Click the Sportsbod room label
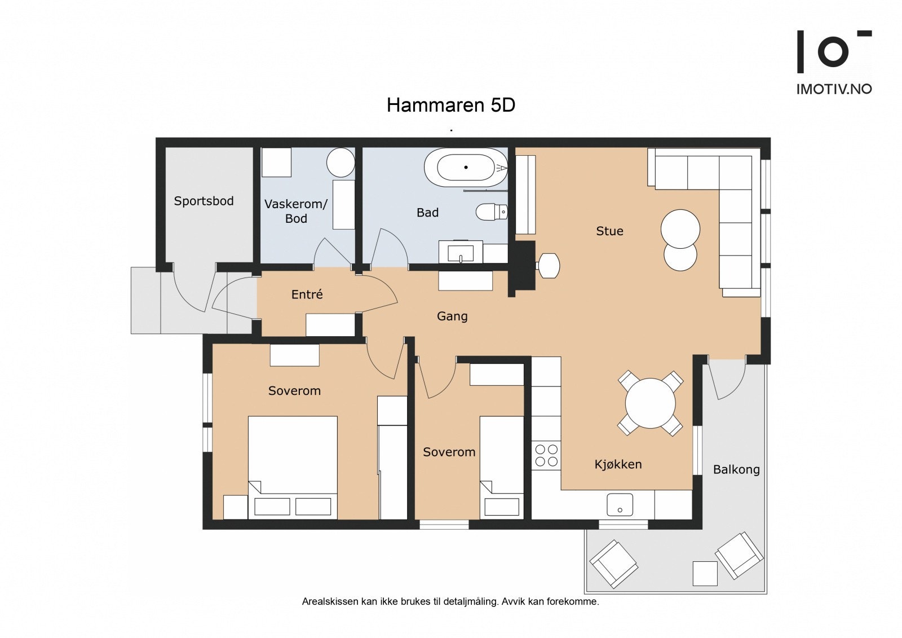(x=204, y=201)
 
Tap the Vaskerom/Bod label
(x=296, y=211)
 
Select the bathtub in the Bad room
(x=466, y=168)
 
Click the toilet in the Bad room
(x=492, y=211)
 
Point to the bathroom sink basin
(x=461, y=253)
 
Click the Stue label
(x=609, y=231)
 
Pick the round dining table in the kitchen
(x=651, y=403)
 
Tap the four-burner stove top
(x=546, y=455)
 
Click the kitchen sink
(x=620, y=504)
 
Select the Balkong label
(x=736, y=469)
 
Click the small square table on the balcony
(x=705, y=573)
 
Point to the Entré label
(x=307, y=294)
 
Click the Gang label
(x=452, y=316)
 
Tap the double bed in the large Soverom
(x=293, y=468)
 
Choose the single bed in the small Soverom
(x=502, y=468)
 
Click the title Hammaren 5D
(x=451, y=105)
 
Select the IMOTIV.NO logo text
(x=834, y=89)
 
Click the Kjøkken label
(x=618, y=465)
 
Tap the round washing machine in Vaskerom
(x=341, y=162)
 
